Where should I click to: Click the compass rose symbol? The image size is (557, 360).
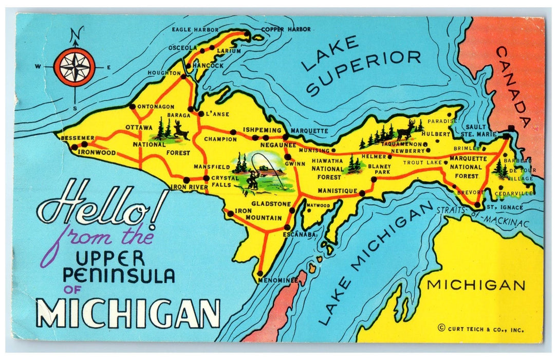(x=75, y=67)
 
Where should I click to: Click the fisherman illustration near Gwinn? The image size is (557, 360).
(x=251, y=178)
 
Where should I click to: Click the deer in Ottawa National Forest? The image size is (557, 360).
(x=180, y=130)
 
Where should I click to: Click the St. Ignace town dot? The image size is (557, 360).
(x=477, y=205)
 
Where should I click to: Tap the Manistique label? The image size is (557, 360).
(x=337, y=191)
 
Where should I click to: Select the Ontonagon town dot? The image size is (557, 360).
(x=132, y=106)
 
